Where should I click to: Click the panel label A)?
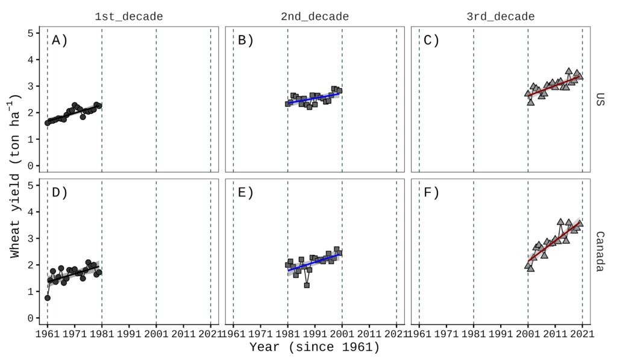[x=60, y=40]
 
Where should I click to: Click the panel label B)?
[x=246, y=40]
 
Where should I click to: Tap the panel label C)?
[x=431, y=40]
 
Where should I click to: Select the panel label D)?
[x=60, y=193]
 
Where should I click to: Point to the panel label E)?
[x=246, y=193]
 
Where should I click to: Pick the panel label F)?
[x=431, y=193]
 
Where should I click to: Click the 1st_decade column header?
[x=128, y=16]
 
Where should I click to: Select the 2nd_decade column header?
[x=315, y=16]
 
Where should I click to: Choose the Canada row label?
[x=600, y=251]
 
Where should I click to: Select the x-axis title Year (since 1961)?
[x=315, y=348]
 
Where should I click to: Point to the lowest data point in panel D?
[x=48, y=297]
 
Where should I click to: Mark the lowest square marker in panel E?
[x=307, y=285]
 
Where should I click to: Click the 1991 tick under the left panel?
[x=129, y=333]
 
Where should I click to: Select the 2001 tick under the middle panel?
[x=342, y=333]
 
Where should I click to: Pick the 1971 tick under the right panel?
[x=446, y=333]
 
